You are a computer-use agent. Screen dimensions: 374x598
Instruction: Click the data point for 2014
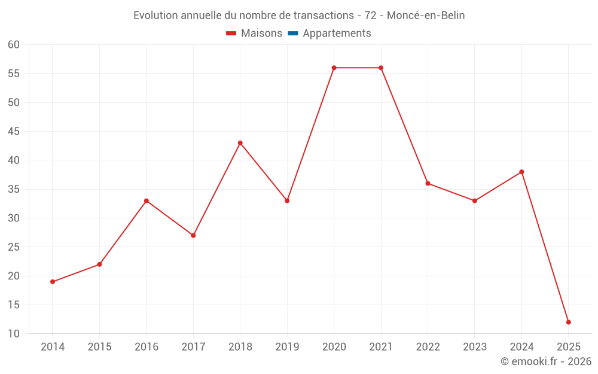click(53, 281)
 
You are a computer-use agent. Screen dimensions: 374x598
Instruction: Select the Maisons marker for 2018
click(240, 143)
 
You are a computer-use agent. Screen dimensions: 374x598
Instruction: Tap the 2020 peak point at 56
click(334, 68)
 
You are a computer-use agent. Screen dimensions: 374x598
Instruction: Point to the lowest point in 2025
click(568, 322)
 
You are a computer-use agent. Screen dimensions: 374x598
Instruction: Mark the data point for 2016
click(147, 200)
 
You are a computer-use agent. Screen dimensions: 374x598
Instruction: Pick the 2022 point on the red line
click(428, 183)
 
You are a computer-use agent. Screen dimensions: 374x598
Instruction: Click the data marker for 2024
click(521, 172)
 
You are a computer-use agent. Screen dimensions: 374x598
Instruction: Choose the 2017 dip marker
click(193, 235)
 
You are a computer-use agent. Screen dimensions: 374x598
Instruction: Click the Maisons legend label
click(261, 34)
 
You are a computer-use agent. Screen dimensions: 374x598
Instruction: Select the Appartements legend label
click(337, 34)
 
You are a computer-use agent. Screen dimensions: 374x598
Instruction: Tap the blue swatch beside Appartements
click(292, 34)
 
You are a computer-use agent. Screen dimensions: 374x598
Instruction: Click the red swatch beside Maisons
click(231, 34)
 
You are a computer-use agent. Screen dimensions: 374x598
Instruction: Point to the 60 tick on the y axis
click(14, 45)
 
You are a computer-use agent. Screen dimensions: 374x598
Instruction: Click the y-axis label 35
click(14, 189)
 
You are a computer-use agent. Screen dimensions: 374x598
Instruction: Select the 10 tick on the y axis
click(14, 334)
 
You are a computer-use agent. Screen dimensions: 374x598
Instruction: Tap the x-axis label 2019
click(287, 347)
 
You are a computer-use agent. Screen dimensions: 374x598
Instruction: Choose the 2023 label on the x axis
click(474, 347)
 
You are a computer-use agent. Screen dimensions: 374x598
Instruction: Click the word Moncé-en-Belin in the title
click(426, 16)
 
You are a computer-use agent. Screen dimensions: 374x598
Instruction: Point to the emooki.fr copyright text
click(545, 361)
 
